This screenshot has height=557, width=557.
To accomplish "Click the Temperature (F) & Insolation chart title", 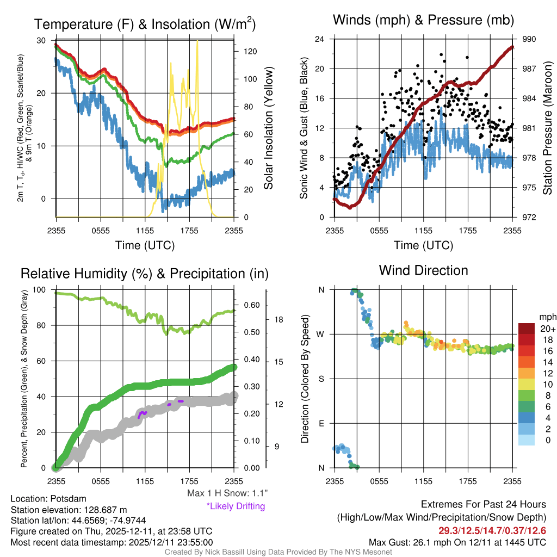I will click(x=144, y=24).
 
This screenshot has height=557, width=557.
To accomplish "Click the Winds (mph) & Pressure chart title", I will click(x=423, y=21).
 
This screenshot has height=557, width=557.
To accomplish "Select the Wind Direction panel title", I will click(x=423, y=270).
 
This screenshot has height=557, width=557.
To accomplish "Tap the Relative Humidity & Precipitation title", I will click(x=144, y=274).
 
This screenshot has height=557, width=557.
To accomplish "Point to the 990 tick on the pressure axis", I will click(x=529, y=39).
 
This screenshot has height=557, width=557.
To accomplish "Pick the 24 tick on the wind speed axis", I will click(x=320, y=39).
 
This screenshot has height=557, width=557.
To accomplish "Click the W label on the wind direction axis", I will click(x=321, y=334).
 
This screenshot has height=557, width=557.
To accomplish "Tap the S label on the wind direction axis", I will click(x=321, y=379).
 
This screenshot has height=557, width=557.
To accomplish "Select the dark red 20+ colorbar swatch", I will click(x=527, y=329).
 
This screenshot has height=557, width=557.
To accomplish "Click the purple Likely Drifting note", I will click(x=236, y=506).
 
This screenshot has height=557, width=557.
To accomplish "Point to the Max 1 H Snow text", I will click(x=227, y=493).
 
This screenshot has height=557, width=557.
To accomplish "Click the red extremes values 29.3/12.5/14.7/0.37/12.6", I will click(x=492, y=530).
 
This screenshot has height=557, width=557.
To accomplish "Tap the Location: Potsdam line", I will click(x=48, y=498).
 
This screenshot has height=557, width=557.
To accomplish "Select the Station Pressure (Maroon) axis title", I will click(x=547, y=128).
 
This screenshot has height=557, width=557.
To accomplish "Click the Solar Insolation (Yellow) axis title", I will click(x=269, y=128).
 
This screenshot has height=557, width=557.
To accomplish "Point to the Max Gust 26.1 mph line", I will click(x=457, y=542).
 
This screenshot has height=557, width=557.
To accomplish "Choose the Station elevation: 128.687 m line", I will click(x=69, y=509).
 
